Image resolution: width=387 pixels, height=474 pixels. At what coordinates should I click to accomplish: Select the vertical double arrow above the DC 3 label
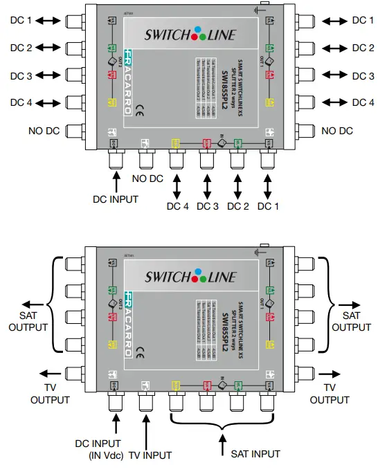[x=206, y=185]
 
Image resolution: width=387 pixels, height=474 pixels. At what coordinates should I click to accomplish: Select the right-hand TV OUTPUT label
[x=330, y=394]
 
